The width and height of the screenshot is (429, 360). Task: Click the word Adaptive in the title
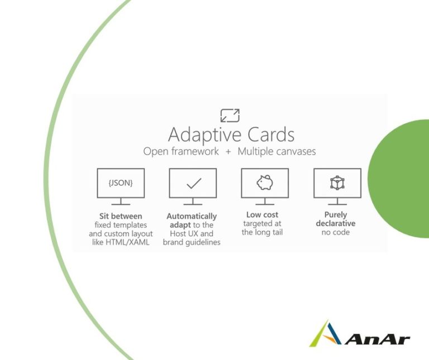click(204, 135)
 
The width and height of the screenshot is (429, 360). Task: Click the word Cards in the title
click(271, 134)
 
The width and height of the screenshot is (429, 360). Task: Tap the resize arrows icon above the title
click(230, 116)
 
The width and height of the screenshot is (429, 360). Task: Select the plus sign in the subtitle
click(228, 152)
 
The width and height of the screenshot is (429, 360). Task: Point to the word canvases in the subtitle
click(296, 151)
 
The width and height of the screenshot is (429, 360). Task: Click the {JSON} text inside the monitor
click(121, 183)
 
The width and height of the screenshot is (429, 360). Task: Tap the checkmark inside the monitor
click(194, 183)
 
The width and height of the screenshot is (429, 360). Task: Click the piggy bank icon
click(265, 183)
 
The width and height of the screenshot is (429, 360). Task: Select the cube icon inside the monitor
click(337, 183)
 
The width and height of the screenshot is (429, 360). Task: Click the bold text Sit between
click(121, 216)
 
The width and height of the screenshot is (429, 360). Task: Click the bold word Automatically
click(192, 216)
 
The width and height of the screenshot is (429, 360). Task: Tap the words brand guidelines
click(192, 242)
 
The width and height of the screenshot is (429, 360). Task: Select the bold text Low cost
click(262, 214)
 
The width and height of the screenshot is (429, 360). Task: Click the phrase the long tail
click(262, 232)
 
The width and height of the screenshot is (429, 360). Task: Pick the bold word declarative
click(336, 223)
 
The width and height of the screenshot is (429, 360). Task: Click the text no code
click(336, 232)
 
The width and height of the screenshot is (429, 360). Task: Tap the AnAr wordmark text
click(377, 339)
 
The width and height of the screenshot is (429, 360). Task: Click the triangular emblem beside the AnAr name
click(326, 334)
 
